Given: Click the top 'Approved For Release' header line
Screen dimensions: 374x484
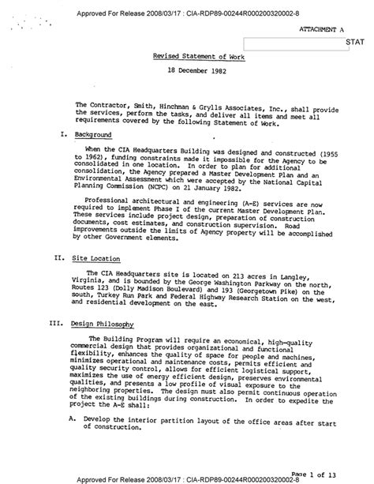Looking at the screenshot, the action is pos(189,6).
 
